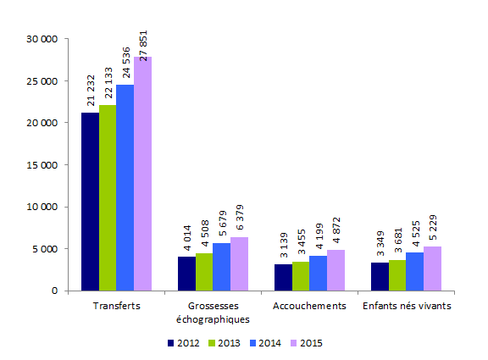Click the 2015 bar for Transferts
[x=142, y=174]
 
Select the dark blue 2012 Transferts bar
[x=90, y=202]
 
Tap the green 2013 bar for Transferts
[x=108, y=197]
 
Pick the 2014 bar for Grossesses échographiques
[x=221, y=267]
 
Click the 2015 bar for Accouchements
[x=335, y=270]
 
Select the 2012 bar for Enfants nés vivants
[x=380, y=276]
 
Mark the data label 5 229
[x=432, y=231]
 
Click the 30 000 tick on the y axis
[x=42, y=39]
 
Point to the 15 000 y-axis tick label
[x=42, y=164]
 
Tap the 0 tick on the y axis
[x=53, y=291]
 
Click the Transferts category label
[x=116, y=306]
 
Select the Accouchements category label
[x=309, y=306]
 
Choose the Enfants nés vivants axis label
[x=406, y=306]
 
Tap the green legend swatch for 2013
[x=212, y=343]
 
